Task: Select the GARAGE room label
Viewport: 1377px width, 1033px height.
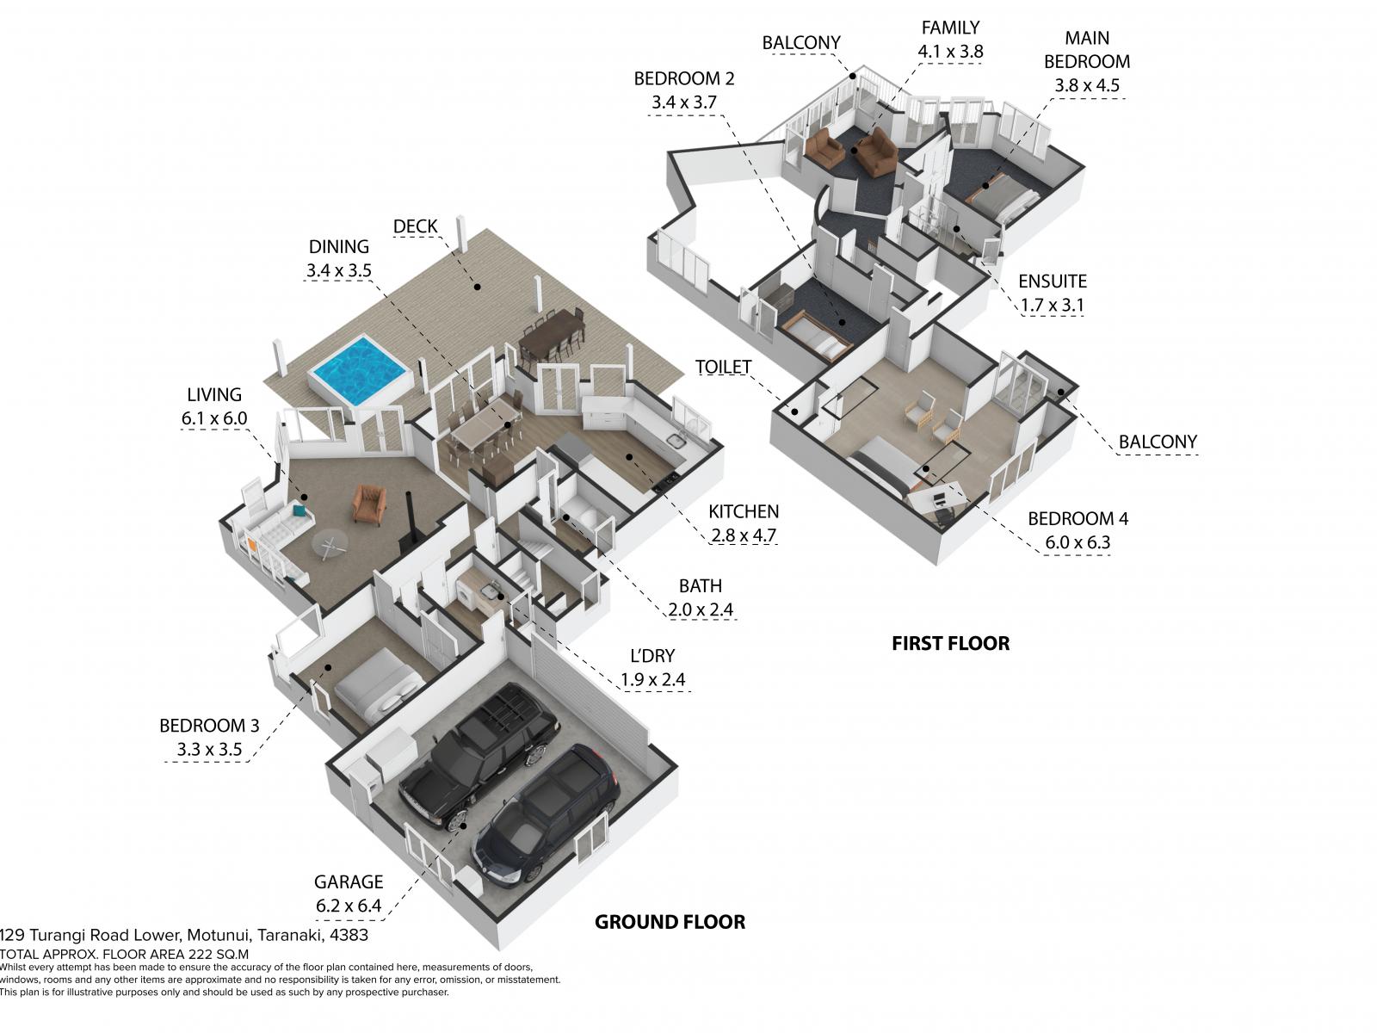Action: click(x=349, y=881)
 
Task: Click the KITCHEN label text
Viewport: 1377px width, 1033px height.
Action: click(x=744, y=512)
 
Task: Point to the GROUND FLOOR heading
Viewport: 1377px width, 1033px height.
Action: click(x=670, y=922)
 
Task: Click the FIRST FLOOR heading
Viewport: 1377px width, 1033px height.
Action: click(x=950, y=644)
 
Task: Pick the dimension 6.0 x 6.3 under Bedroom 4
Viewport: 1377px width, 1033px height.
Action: click(x=1078, y=542)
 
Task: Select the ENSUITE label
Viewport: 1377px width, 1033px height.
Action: click(x=1052, y=281)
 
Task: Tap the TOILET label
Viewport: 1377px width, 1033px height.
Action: click(x=723, y=367)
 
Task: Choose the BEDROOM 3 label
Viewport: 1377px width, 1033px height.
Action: click(x=209, y=726)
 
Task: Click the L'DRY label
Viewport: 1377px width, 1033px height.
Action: click(x=652, y=656)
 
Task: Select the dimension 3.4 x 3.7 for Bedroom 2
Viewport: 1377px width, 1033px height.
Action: click(x=684, y=102)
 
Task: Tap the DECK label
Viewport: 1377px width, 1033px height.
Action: click(x=416, y=226)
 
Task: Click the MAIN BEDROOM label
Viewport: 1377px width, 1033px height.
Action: click(x=1087, y=50)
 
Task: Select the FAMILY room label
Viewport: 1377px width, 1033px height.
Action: click(x=950, y=28)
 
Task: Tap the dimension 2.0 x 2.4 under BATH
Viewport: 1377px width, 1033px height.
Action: click(x=700, y=609)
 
